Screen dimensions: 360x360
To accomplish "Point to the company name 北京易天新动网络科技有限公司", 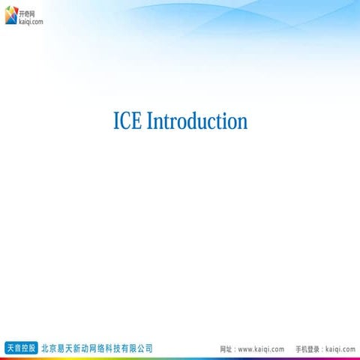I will pyautogui.click(x=97, y=349).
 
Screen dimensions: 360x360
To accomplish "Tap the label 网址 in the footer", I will pyautogui.click(x=226, y=349).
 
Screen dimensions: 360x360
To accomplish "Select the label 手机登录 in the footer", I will pyautogui.click(x=307, y=349).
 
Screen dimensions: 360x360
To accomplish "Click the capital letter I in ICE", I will pyautogui.click(x=116, y=121).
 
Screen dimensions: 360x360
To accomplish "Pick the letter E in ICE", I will pyautogui.click(x=137, y=121).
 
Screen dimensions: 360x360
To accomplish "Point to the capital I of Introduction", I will pyautogui.click(x=149, y=121).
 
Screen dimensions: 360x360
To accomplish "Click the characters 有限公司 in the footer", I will pyautogui.click(x=138, y=349).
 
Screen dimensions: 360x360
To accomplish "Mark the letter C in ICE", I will pyautogui.click(x=126, y=121).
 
